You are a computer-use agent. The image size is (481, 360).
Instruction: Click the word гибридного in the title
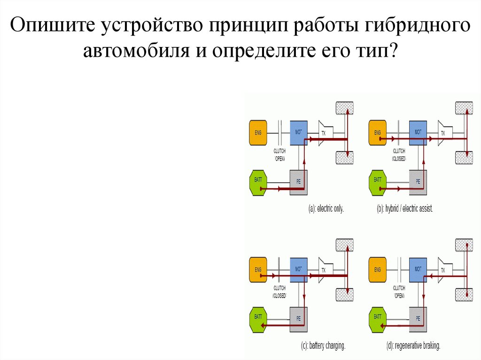coord(416,26)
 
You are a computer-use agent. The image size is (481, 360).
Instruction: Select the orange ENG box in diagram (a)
coord(258,133)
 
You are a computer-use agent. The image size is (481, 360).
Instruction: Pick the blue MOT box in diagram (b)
coord(418,132)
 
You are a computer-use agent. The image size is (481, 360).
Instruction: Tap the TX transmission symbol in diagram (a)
coord(325,133)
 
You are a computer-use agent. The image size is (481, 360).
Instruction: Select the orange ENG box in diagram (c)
coord(258,270)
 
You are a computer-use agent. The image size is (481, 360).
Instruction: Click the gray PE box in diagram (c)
coord(299,319)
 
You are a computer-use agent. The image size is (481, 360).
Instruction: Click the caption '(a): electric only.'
coord(326,209)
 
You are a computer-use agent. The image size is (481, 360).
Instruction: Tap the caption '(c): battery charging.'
coord(323,346)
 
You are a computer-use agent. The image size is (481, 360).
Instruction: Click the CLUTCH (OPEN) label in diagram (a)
coord(280,155)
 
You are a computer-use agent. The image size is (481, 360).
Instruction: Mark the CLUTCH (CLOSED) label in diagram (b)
coord(399,155)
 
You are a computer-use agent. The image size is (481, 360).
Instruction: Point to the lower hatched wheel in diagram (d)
coord(464,294)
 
